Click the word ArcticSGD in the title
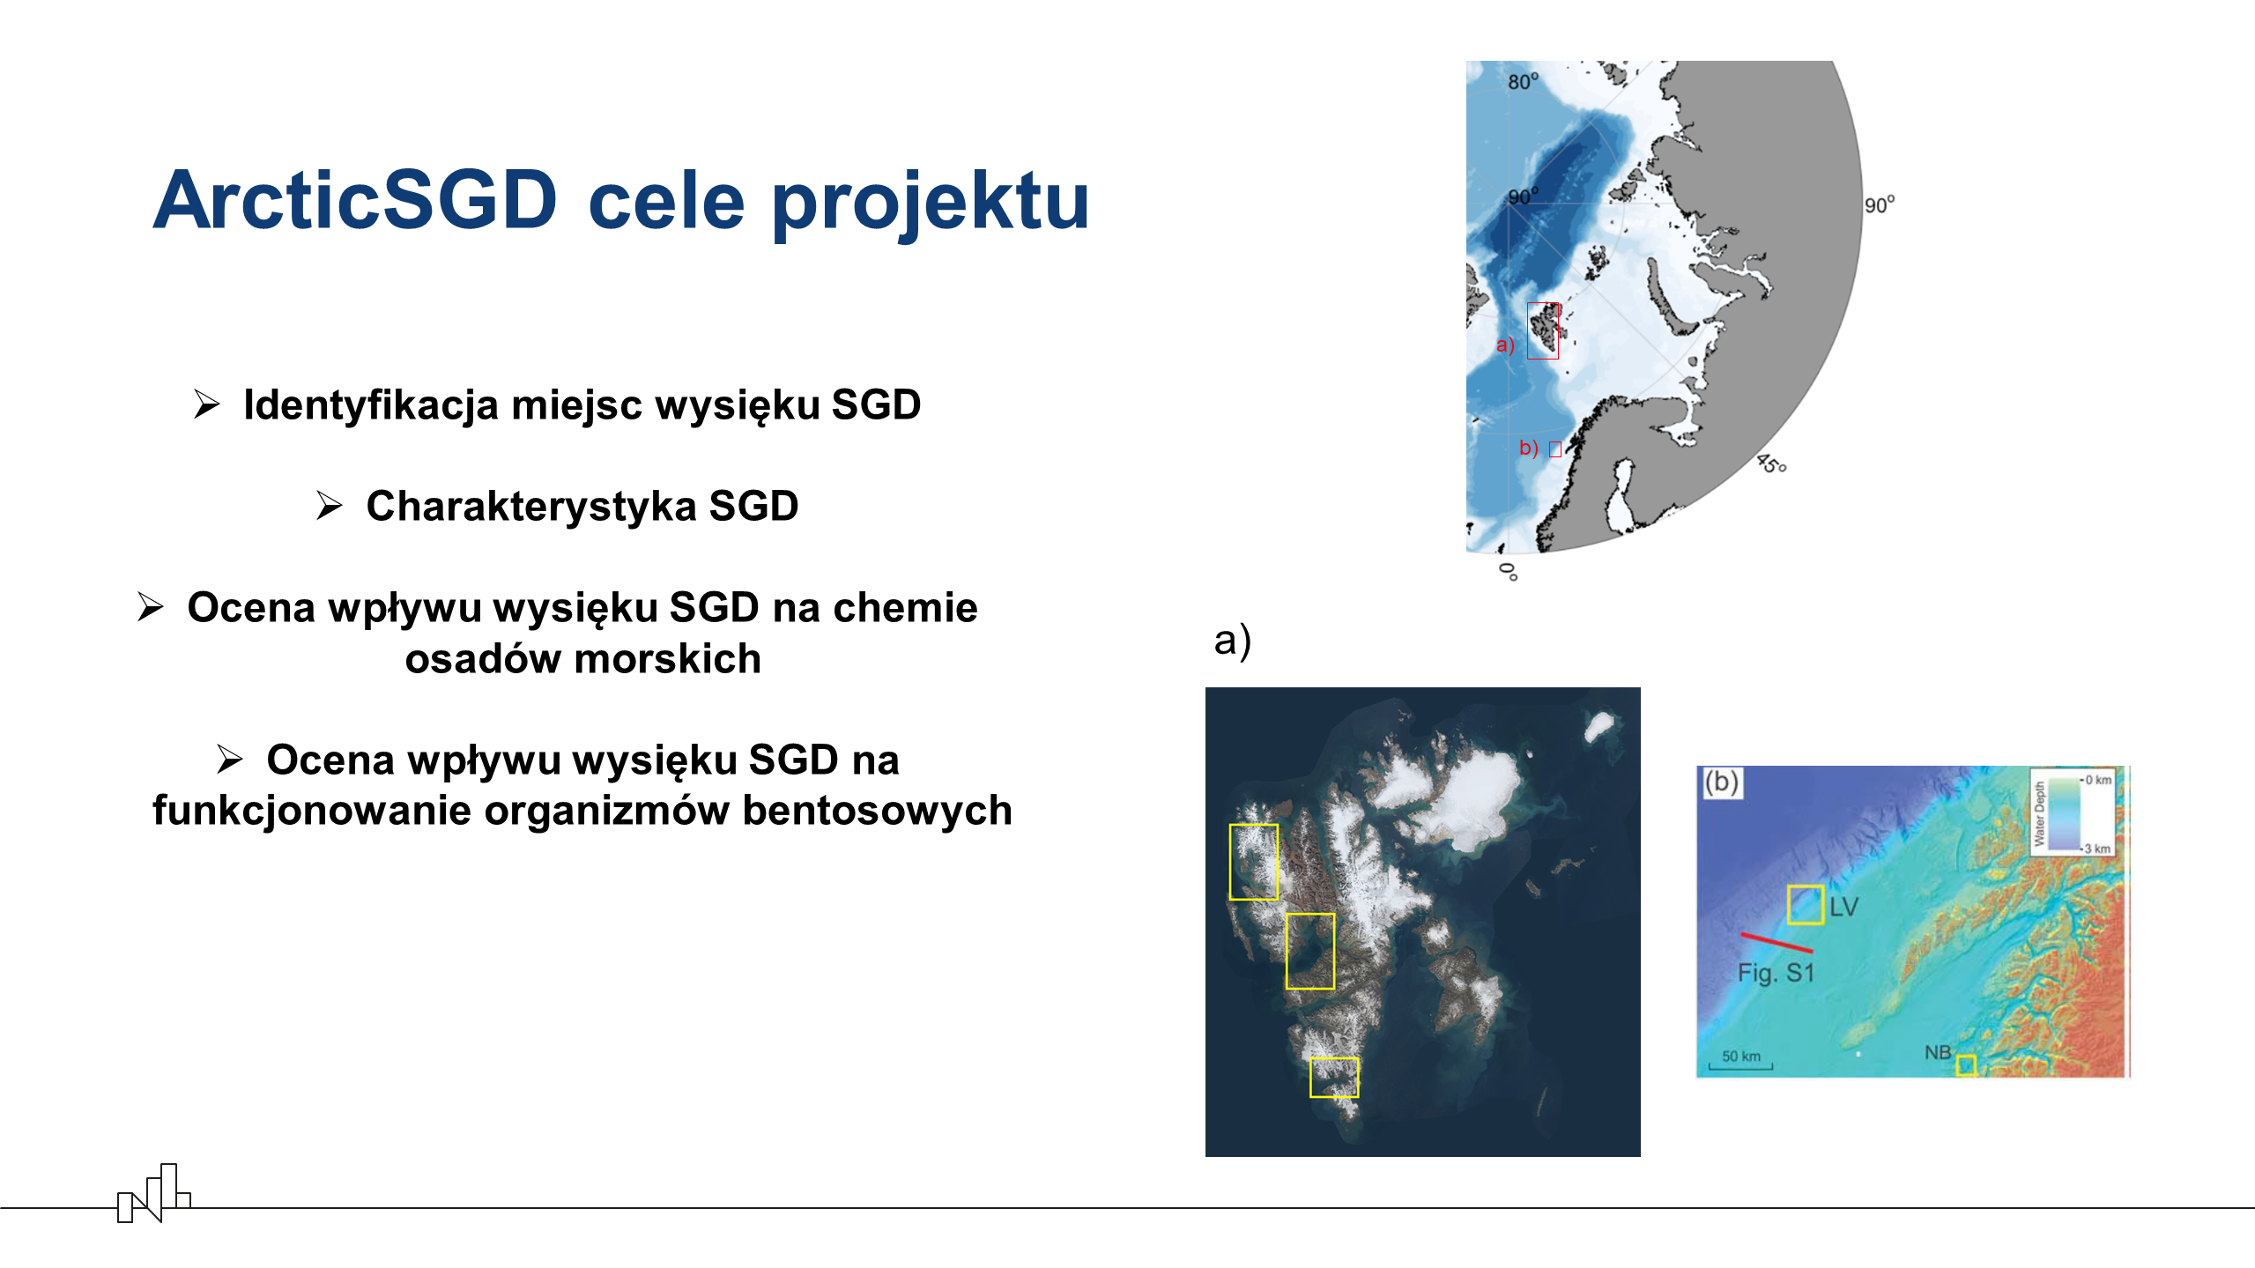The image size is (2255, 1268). (355, 200)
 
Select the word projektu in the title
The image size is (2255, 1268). (931, 204)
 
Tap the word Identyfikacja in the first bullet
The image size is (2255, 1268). (371, 405)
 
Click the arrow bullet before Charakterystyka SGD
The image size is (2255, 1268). (330, 506)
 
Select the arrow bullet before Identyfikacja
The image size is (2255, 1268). (207, 404)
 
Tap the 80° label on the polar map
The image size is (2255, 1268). (1523, 81)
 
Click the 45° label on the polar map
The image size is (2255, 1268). (1771, 463)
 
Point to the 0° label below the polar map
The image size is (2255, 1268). (1509, 572)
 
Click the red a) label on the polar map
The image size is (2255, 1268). (1505, 345)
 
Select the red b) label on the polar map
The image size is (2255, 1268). (1528, 448)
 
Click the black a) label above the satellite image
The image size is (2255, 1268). (1232, 641)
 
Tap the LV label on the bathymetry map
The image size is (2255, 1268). (1843, 907)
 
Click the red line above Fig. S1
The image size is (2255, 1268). (1777, 943)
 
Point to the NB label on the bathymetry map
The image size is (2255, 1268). (1937, 1052)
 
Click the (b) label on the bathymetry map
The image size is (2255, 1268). (1721, 782)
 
